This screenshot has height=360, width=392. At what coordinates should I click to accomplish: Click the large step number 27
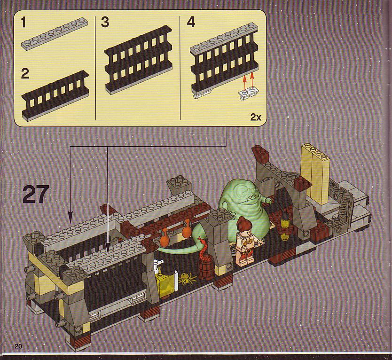(36, 195)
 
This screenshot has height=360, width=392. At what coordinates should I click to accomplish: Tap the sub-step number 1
(24, 23)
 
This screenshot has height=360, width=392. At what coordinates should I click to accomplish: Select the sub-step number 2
(25, 74)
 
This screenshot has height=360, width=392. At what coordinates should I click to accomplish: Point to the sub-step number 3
(105, 22)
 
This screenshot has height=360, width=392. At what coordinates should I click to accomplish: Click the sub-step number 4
(191, 22)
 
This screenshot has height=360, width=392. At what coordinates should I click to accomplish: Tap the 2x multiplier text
(256, 117)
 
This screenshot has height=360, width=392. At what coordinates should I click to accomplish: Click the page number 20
(18, 346)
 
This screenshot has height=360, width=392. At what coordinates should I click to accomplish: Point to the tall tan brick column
(315, 172)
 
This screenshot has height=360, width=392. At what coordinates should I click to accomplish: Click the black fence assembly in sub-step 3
(139, 60)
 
